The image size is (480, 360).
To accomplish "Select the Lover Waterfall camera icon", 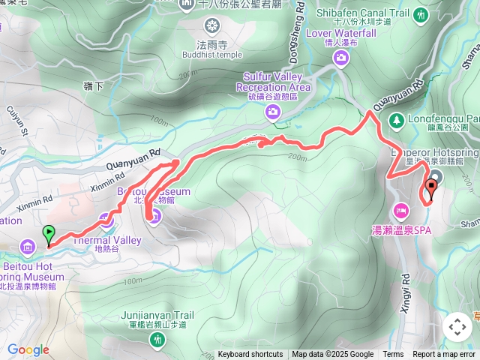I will (341, 58).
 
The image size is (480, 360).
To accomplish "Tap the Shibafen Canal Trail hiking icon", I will (421, 15).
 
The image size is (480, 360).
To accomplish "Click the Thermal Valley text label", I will (106, 241).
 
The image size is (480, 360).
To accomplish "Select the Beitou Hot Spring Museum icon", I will (28, 246).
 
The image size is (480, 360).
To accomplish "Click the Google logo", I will (28, 349).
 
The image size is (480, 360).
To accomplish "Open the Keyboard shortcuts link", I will (250, 355).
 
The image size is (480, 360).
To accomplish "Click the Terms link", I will (393, 355).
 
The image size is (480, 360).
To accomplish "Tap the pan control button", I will (457, 326).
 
